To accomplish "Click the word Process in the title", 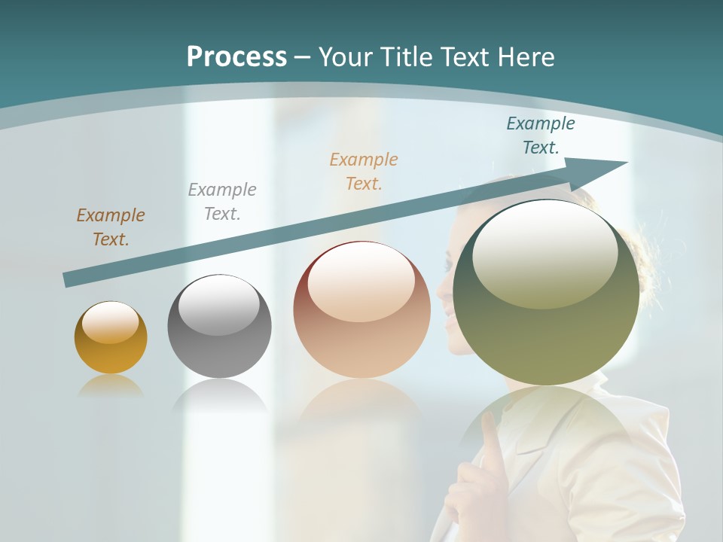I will tap(236, 57).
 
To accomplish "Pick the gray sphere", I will tap(219, 346).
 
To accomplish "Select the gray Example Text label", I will tap(222, 202).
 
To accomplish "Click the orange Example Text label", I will tap(364, 172).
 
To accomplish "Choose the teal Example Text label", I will tap(541, 135).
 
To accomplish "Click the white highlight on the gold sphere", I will tap(110, 323).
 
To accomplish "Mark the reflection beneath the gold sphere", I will tap(111, 387).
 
